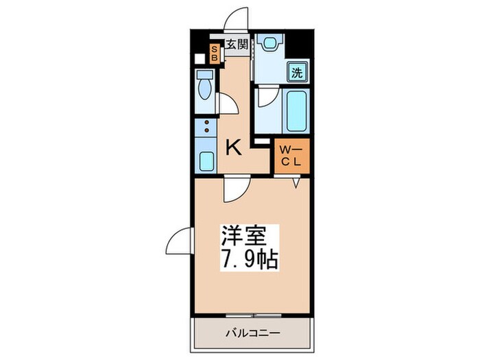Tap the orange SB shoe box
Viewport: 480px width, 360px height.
214,53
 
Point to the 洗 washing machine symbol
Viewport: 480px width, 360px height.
297,71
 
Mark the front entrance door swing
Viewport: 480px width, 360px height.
237,19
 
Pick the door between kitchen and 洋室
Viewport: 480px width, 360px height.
235,189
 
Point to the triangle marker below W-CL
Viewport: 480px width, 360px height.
297,183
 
